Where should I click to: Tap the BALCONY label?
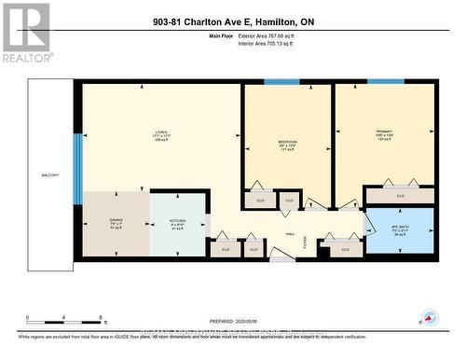click(50, 174)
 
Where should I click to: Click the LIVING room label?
click(161, 132)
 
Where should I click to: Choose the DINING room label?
click(116, 222)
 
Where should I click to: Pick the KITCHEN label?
click(177, 223)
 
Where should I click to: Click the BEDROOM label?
click(287, 142)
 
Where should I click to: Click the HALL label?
click(290, 234)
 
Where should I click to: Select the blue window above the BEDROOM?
click(281, 82)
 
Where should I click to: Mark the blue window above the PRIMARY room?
click(384, 82)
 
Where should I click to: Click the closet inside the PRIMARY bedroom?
click(400, 196)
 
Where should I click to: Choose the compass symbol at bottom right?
click(430, 318)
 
